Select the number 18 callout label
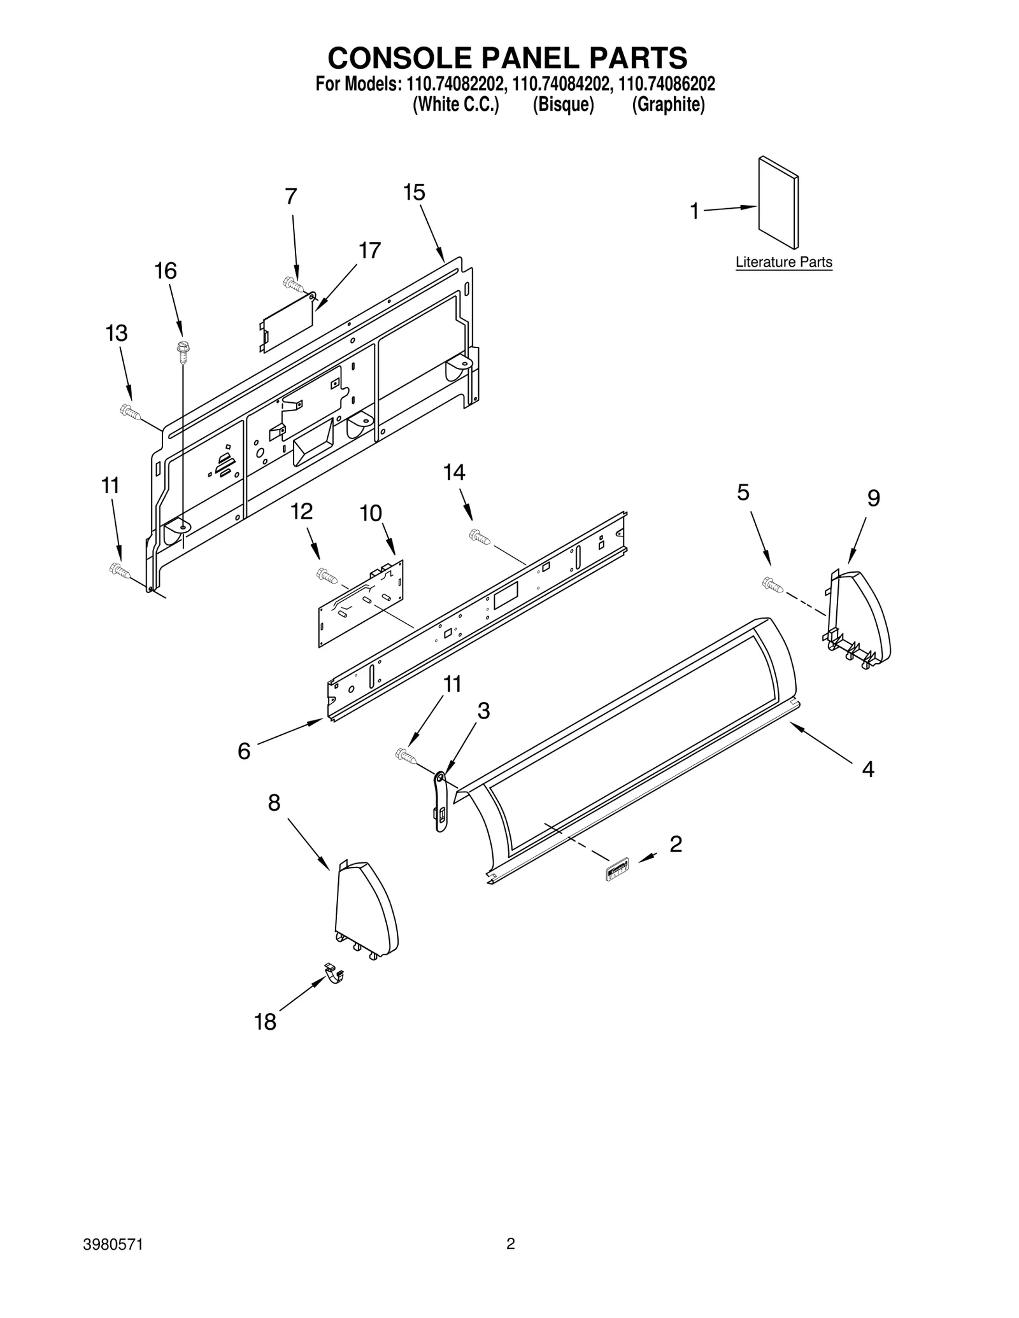click(265, 1022)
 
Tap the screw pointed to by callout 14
click(479, 537)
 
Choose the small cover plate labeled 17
click(287, 323)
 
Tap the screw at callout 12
click(327, 576)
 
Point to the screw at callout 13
click(129, 412)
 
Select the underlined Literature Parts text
click(783, 262)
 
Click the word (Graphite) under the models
click(668, 105)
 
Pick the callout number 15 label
click(414, 192)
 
